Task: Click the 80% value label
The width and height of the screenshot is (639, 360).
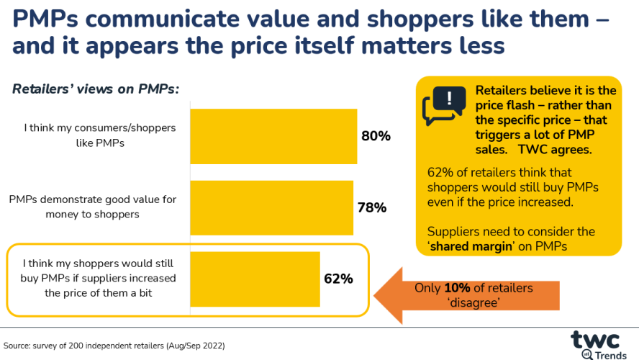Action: click(376, 136)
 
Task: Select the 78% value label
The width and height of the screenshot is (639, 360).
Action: click(372, 208)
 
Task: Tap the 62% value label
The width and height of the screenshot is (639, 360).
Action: click(337, 279)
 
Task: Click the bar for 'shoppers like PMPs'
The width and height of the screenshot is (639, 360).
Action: click(273, 136)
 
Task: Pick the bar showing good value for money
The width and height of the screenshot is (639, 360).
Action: click(271, 208)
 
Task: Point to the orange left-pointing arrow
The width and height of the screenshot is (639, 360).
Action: click(467, 295)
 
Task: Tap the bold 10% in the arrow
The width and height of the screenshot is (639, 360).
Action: click(457, 288)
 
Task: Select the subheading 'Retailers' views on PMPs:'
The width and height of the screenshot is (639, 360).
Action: click(95, 89)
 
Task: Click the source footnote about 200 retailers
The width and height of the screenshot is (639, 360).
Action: click(114, 346)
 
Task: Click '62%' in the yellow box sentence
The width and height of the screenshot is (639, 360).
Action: click(440, 173)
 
